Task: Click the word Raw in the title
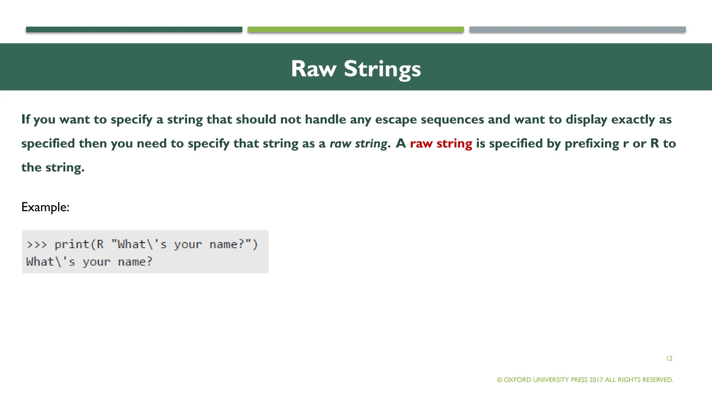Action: pyautogui.click(x=313, y=69)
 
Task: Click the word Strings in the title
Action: pyautogui.click(x=382, y=69)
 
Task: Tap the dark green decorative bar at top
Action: pyautogui.click(x=134, y=30)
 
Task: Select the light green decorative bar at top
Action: pyautogui.click(x=356, y=30)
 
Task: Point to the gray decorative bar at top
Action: pyautogui.click(x=577, y=30)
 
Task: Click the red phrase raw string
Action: pyautogui.click(x=441, y=143)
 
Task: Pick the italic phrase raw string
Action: pyautogui.click(x=358, y=143)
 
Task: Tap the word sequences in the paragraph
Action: pyautogui.click(x=452, y=119)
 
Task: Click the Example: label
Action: pyautogui.click(x=45, y=207)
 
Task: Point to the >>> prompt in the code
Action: pyautogui.click(x=37, y=244)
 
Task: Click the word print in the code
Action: pyautogui.click(x=72, y=244)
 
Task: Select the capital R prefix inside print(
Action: pyautogui.click(x=100, y=244)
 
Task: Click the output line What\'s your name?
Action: pyautogui.click(x=89, y=261)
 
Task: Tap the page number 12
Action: pyautogui.click(x=669, y=358)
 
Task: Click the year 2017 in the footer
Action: pyautogui.click(x=597, y=380)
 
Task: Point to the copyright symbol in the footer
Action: pyautogui.click(x=500, y=380)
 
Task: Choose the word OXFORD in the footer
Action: pyautogui.click(x=517, y=380)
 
